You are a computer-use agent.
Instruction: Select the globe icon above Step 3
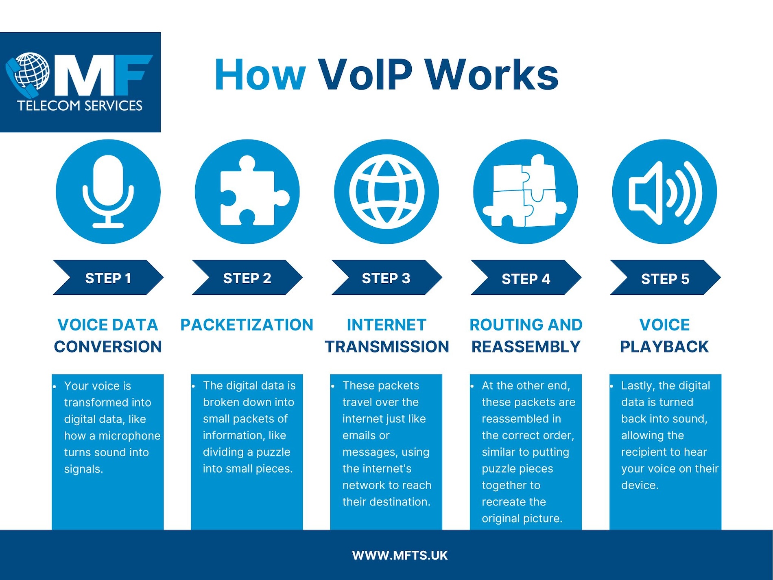pyautogui.click(x=386, y=192)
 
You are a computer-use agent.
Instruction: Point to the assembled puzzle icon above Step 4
pyautogui.click(x=524, y=191)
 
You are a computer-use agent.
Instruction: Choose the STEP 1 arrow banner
pyautogui.click(x=108, y=278)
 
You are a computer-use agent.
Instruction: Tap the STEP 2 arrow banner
pyautogui.click(x=247, y=278)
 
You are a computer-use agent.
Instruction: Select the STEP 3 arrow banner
pyautogui.click(x=386, y=278)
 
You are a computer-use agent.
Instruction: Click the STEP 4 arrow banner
pyautogui.click(x=526, y=278)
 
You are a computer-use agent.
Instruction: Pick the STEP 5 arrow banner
pyautogui.click(x=665, y=278)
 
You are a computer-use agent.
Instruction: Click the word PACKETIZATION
pyautogui.click(x=247, y=325)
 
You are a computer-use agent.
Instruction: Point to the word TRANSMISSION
pyautogui.click(x=387, y=347)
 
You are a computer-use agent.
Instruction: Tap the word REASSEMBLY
pyautogui.click(x=526, y=347)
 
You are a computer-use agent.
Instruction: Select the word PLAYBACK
pyautogui.click(x=664, y=347)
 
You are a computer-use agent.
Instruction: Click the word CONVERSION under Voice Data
pyautogui.click(x=108, y=347)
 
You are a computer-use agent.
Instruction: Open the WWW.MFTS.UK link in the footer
pyautogui.click(x=400, y=556)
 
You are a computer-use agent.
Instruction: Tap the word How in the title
pyautogui.click(x=260, y=75)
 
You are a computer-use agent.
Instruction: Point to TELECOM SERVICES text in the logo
pyautogui.click(x=80, y=106)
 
